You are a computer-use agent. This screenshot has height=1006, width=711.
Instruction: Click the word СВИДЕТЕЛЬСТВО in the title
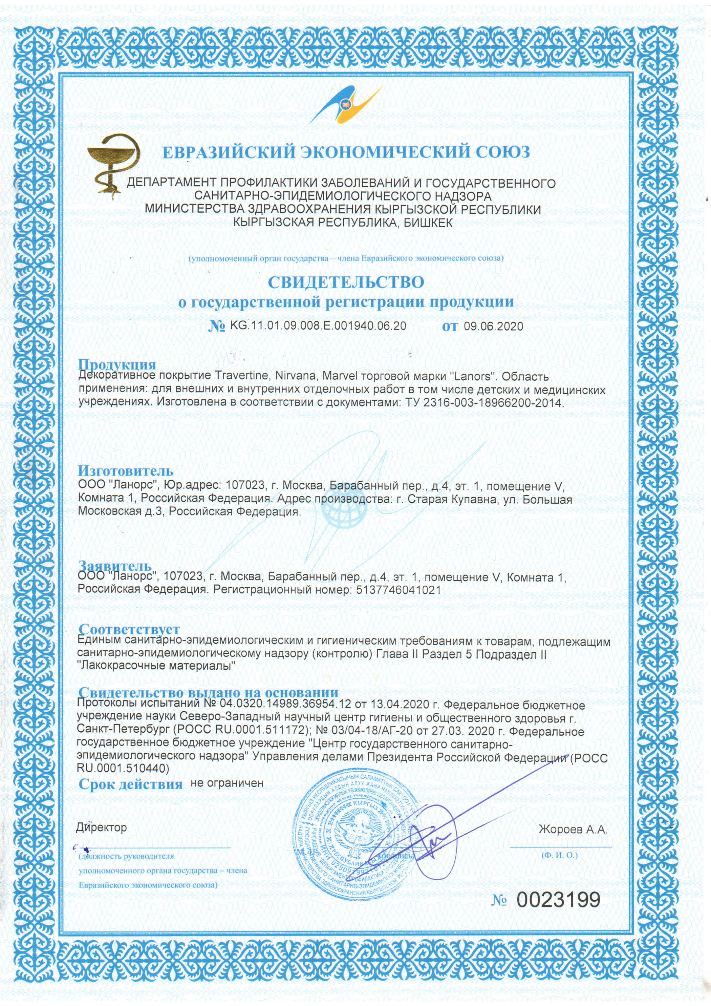click(346, 282)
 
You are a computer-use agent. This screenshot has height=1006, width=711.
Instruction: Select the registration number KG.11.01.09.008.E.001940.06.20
click(318, 326)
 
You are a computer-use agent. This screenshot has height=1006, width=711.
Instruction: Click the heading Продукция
click(117, 364)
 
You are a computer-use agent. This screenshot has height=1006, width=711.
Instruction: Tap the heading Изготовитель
click(126, 471)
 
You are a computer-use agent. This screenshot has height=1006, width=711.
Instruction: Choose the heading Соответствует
click(129, 629)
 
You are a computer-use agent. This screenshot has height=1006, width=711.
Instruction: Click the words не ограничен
click(227, 783)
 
